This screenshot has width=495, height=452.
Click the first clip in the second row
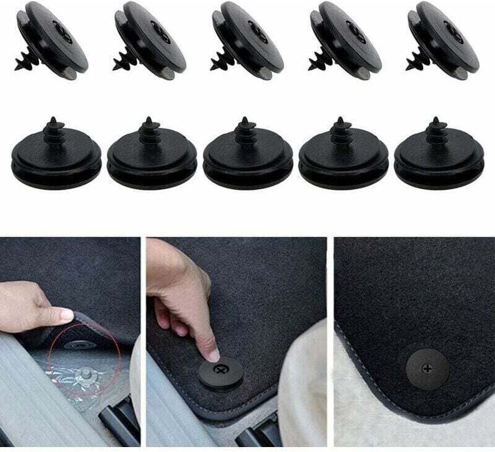coord(56,155)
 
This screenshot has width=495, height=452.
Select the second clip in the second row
coord(152,155)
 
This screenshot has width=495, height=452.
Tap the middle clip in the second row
coord(247,155)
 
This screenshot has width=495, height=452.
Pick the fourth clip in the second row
coord(343,155)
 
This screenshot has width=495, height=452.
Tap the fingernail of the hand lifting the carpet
coord(66,314)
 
